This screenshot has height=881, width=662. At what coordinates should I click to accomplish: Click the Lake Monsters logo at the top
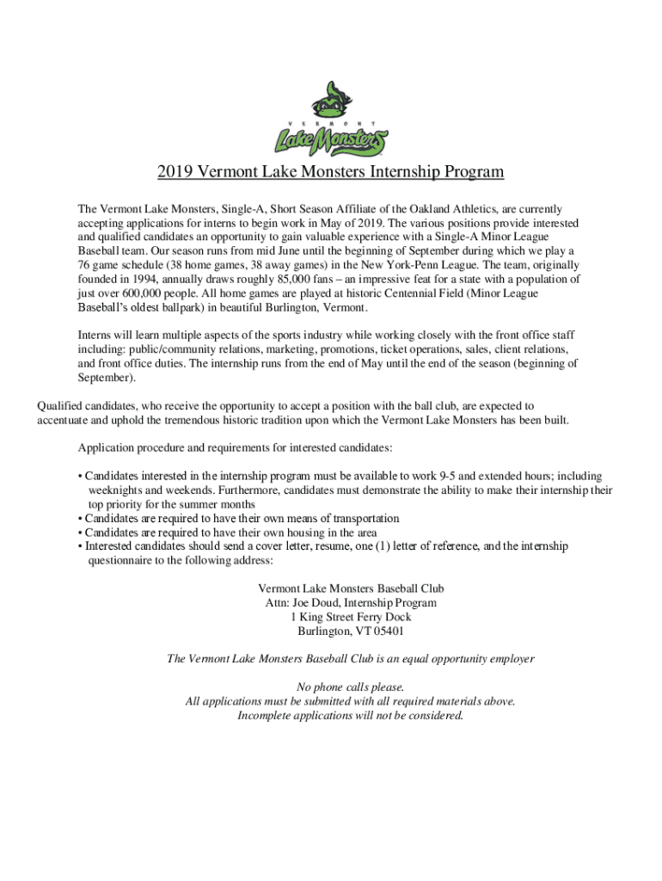coord(330,120)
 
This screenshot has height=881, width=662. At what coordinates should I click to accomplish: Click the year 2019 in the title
coord(175,172)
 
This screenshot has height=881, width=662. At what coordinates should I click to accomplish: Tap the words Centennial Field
coord(412,293)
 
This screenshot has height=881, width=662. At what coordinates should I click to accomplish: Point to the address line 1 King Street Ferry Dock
coord(351,617)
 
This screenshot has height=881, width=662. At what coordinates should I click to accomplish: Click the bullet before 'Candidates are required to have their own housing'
coord(80,533)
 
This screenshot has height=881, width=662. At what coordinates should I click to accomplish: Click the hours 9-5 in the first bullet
coord(446,476)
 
